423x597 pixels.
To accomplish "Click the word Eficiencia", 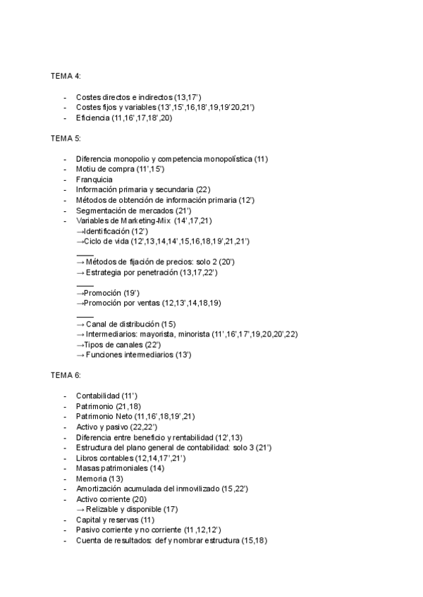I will point(94,118).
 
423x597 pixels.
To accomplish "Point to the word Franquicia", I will point(94,180).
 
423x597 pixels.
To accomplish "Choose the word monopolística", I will point(226,159).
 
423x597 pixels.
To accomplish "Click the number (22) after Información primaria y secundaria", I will point(203,190).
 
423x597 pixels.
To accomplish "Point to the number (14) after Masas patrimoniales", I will point(157,467).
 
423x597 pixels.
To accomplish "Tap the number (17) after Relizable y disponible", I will point(170,509).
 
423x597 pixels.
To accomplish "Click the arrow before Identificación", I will point(80,231).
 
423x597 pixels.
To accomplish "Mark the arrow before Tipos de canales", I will point(80,344).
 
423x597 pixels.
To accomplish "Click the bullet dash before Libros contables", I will point(65,458).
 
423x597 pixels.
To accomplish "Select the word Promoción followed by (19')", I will point(103,293).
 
